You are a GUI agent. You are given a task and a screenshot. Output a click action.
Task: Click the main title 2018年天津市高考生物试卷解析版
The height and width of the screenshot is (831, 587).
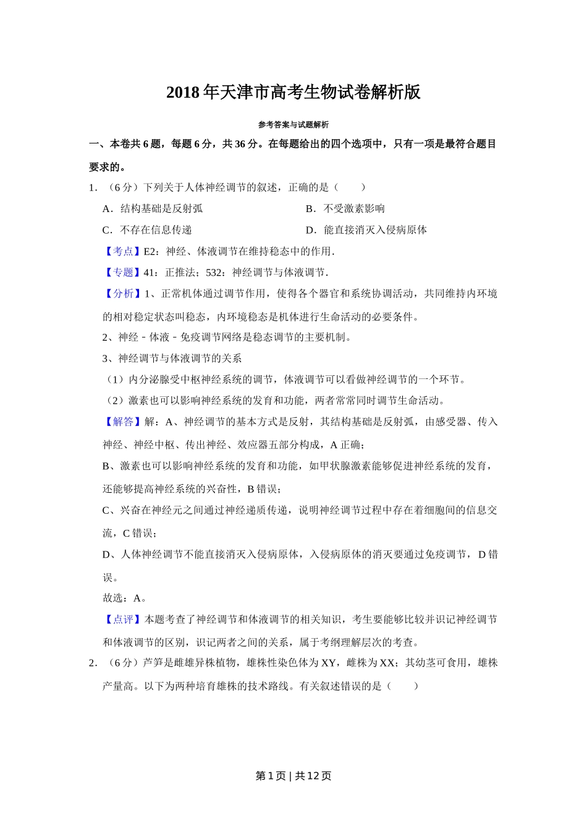click(x=293, y=93)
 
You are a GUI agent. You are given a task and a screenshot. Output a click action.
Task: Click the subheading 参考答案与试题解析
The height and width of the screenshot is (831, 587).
click(x=293, y=125)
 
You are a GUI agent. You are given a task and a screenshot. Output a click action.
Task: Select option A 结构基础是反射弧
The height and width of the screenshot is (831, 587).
click(x=153, y=209)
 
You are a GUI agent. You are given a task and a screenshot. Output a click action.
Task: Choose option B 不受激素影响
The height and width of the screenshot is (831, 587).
click(x=345, y=209)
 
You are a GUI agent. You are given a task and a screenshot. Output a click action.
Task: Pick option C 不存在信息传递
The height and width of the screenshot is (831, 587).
click(x=147, y=230)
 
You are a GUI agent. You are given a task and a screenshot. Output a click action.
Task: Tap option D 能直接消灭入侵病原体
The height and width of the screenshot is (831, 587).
click(x=366, y=230)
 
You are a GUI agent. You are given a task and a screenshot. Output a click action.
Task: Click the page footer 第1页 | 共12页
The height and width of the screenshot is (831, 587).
click(x=293, y=776)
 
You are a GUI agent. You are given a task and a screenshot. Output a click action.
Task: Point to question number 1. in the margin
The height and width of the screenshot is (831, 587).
click(x=93, y=187)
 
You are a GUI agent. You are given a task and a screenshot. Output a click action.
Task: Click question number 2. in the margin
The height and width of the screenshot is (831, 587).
click(x=93, y=663)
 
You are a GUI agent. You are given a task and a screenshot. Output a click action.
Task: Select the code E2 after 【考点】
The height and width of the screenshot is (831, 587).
click(x=150, y=252)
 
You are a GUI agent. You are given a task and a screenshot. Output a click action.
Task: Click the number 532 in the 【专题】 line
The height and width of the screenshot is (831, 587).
click(x=214, y=273)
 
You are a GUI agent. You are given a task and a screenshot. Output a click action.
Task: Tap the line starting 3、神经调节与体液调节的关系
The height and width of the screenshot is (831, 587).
click(x=172, y=359)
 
